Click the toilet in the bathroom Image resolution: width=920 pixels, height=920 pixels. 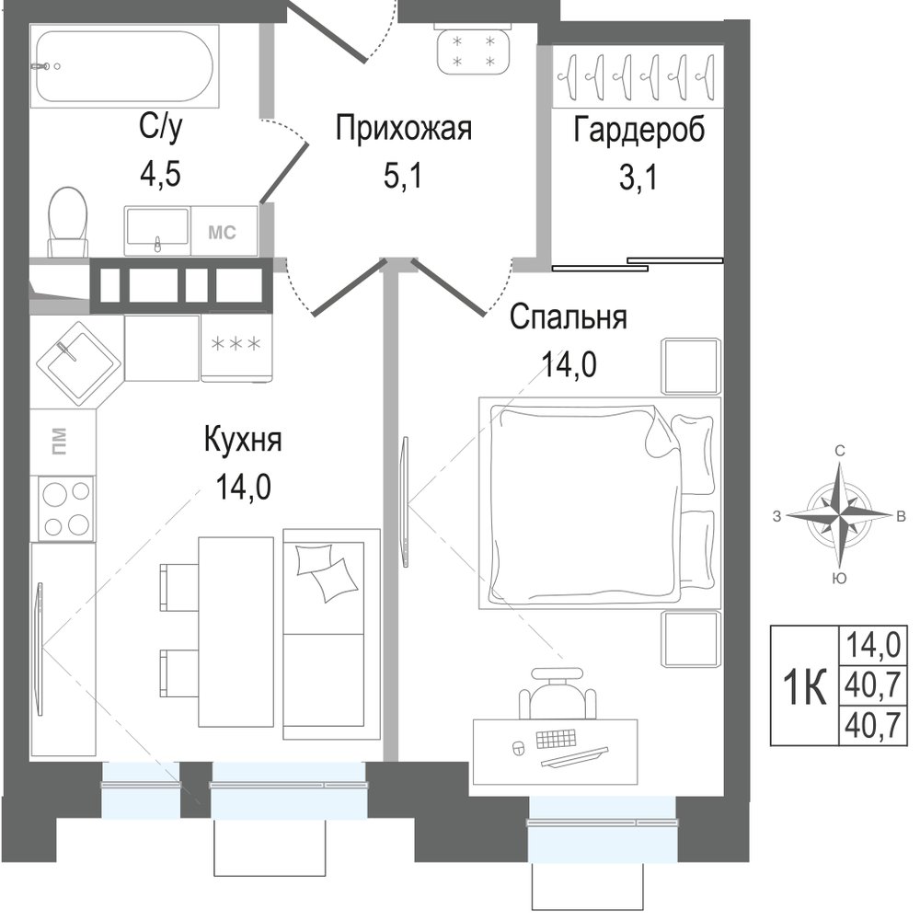[x=67, y=222]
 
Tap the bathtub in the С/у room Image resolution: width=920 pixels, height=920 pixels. [x=124, y=65]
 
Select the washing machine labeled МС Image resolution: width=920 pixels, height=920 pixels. [x=224, y=231]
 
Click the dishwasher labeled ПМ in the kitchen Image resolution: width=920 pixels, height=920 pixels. [x=63, y=442]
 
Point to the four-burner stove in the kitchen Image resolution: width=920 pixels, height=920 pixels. [x=65, y=508]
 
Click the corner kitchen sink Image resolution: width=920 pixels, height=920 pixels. [x=78, y=363]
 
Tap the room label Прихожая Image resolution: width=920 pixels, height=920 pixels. [x=404, y=129]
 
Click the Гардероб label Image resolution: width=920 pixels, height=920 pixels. [x=639, y=131]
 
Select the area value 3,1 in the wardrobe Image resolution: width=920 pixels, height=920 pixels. [x=638, y=177]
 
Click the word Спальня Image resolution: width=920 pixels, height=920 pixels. [x=568, y=317]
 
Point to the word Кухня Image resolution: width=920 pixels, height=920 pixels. [x=243, y=440]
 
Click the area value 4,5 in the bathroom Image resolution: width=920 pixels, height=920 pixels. [x=159, y=174]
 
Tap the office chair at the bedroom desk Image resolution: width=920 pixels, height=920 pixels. [x=558, y=693]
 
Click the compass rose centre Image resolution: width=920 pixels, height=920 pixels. [x=840, y=515]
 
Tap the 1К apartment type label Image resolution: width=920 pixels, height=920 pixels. [x=805, y=686]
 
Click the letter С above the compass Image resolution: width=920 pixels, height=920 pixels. [x=840, y=451]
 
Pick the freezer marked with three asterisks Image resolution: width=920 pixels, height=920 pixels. [x=236, y=347]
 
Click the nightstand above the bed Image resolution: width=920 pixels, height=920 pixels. [x=691, y=366]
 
